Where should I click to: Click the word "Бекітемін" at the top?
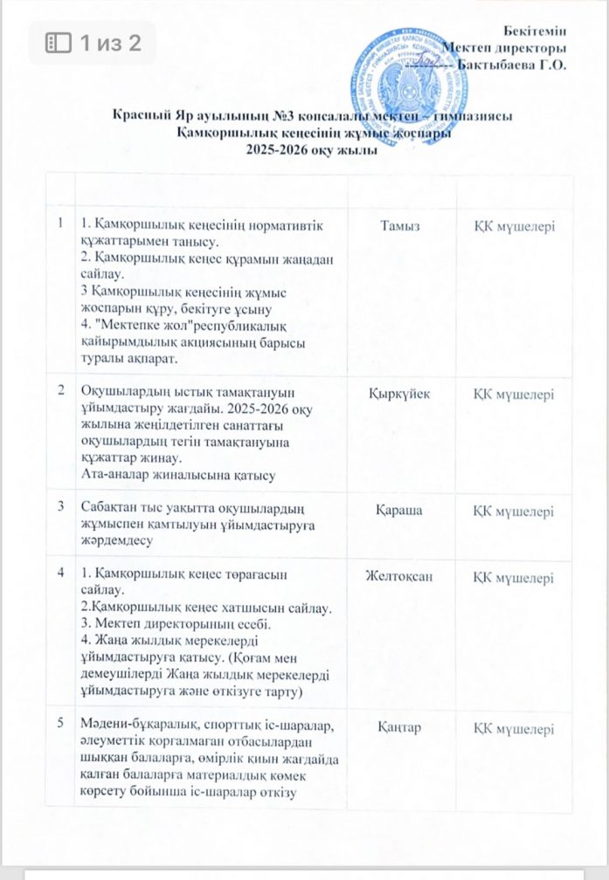pyautogui.click(x=534, y=31)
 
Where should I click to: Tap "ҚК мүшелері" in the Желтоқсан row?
pyautogui.click(x=514, y=577)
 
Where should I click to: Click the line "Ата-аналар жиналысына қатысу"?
pyautogui.click(x=178, y=475)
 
